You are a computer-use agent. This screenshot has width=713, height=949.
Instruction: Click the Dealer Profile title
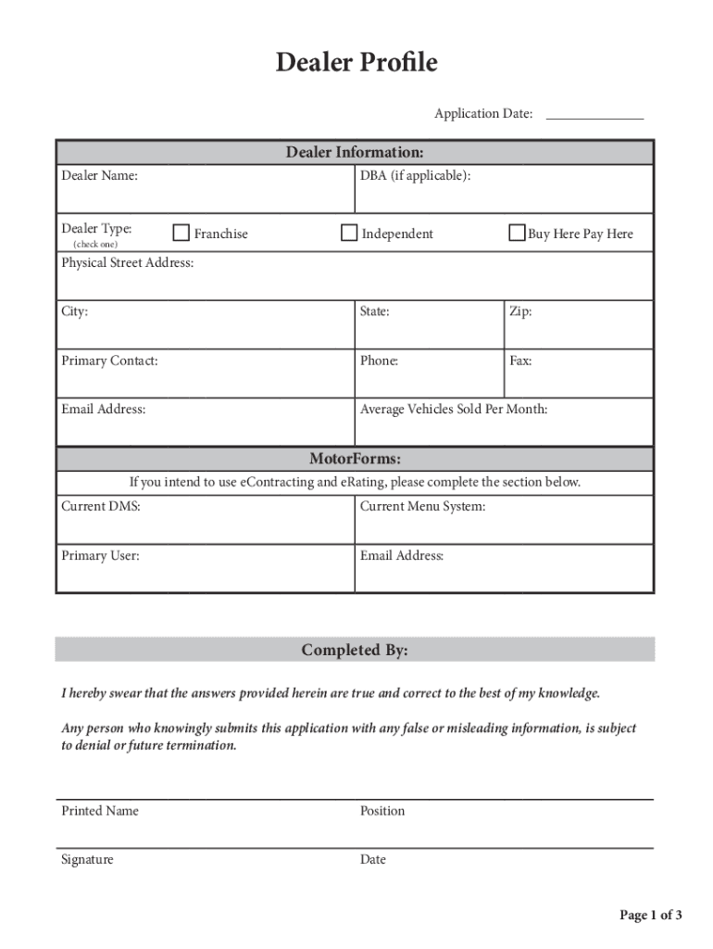pyautogui.click(x=356, y=63)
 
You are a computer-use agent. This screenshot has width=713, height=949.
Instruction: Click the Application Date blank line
pyautogui.click(x=594, y=115)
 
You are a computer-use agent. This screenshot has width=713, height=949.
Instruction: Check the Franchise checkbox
pyautogui.click(x=181, y=234)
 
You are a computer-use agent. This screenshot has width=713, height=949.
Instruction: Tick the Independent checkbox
pyautogui.click(x=349, y=234)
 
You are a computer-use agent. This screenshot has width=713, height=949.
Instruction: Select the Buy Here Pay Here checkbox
pyautogui.click(x=517, y=234)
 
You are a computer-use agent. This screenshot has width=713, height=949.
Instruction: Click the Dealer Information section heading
pyautogui.click(x=355, y=152)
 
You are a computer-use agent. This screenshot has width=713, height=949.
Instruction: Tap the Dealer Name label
pyautogui.click(x=100, y=175)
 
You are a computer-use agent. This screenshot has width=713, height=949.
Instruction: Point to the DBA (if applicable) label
pyautogui.click(x=415, y=175)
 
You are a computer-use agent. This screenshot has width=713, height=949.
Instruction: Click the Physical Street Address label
pyautogui.click(x=128, y=263)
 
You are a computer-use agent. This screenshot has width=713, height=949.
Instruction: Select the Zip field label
pyautogui.click(x=520, y=311)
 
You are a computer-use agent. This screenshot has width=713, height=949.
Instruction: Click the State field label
pyautogui.click(x=375, y=311)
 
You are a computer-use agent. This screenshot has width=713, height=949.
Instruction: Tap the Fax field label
pyautogui.click(x=520, y=361)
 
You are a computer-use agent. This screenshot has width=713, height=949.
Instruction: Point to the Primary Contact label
pyautogui.click(x=109, y=361)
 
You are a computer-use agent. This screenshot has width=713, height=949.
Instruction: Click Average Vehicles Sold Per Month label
pyautogui.click(x=454, y=409)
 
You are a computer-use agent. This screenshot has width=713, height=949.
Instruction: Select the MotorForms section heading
pyautogui.click(x=355, y=459)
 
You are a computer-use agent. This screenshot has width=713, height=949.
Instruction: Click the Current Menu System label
pyautogui.click(x=422, y=506)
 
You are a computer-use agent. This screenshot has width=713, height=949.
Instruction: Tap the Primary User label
pyautogui.click(x=100, y=556)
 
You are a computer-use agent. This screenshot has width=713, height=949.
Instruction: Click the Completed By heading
pyautogui.click(x=355, y=651)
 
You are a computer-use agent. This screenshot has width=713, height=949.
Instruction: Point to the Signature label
pyautogui.click(x=87, y=859)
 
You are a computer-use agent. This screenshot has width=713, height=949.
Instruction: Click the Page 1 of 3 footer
pyautogui.click(x=650, y=916)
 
